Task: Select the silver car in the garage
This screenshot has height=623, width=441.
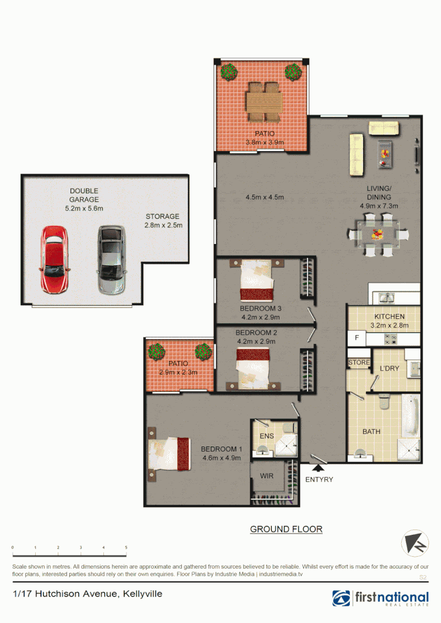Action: tap(111, 260)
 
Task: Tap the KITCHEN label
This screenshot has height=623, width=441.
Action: tap(389, 317)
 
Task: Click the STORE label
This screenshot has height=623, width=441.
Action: tap(358, 363)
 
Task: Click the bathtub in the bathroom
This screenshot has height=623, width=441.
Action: tap(410, 416)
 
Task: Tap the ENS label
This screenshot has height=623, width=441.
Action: tap(266, 436)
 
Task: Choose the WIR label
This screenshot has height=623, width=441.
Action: tap(266, 476)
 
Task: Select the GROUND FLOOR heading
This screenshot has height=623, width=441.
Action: tap(286, 529)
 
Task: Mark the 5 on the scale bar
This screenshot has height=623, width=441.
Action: tap(126, 547)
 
